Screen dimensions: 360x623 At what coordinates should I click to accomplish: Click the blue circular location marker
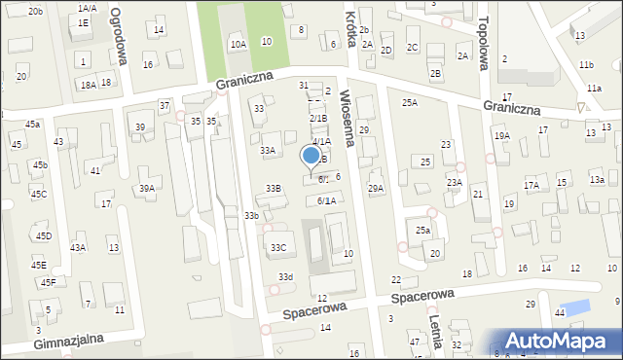[311, 155]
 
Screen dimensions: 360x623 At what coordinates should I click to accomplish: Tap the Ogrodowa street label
[119, 36]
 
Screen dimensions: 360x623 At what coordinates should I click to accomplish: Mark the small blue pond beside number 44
[576, 308]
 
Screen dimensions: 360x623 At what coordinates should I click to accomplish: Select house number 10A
[238, 44]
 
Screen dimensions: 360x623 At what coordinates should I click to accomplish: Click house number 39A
[146, 189]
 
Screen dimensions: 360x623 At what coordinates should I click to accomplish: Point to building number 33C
[278, 248]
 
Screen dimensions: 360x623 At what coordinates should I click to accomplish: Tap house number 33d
[284, 277]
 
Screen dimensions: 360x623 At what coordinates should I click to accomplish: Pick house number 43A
[78, 247]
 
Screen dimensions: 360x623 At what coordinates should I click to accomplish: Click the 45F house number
[47, 282]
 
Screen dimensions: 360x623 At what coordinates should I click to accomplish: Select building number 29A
[375, 188]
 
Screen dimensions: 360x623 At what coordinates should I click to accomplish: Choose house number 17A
[531, 185]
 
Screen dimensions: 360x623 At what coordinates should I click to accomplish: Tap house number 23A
[454, 182]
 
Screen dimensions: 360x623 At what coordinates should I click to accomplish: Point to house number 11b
[585, 64]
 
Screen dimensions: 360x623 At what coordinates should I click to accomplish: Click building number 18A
[88, 86]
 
